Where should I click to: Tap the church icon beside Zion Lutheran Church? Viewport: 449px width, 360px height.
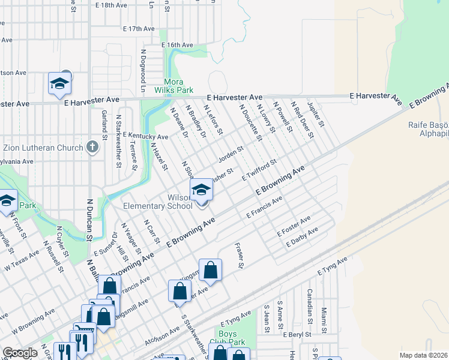click(92, 147)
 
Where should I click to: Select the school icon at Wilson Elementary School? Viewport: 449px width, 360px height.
click(201, 191)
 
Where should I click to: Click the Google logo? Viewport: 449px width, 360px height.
click(20, 353)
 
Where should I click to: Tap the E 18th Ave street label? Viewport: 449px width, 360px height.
click(112, 5)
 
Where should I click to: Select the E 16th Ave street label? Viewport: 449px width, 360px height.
click(177, 45)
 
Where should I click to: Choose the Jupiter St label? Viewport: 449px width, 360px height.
click(316, 115)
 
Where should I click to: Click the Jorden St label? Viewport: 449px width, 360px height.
click(231, 155)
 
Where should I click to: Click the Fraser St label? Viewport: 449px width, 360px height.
click(240, 256)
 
